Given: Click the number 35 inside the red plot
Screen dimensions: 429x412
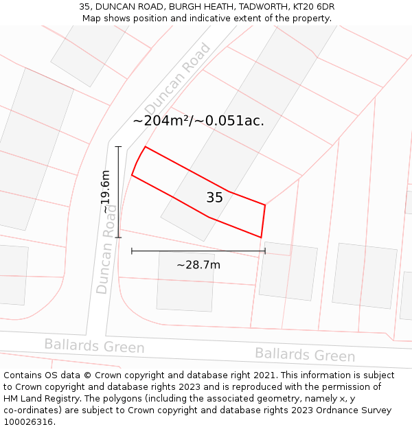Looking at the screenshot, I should (x=214, y=198).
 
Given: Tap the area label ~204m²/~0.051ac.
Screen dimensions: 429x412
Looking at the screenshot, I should (x=198, y=121).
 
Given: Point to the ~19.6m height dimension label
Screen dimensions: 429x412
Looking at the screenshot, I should (x=106, y=192).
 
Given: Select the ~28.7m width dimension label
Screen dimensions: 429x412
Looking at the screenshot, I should (x=198, y=265).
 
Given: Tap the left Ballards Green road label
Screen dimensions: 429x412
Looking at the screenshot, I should (x=94, y=346).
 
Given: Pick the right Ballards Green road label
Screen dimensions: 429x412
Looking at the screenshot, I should (x=305, y=354).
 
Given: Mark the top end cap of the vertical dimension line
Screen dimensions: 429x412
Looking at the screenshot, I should (x=118, y=146).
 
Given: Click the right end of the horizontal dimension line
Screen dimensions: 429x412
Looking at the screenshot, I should (x=265, y=251).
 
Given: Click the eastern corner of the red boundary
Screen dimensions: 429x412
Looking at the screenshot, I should (x=265, y=205).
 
